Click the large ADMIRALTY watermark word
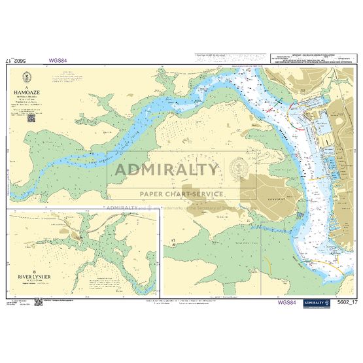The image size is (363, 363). click(167, 170)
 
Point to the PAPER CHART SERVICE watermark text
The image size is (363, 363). click(181, 194)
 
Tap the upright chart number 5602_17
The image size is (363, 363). click(347, 303)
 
